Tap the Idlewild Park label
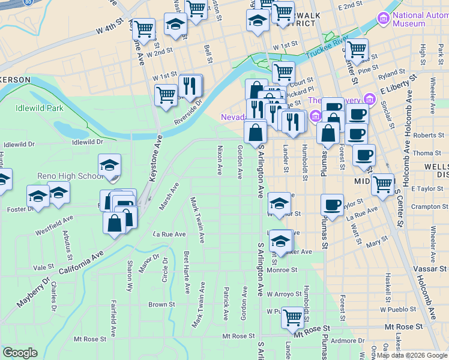39,109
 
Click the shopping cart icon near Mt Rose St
292,317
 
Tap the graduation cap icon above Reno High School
110,166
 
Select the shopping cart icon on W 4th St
143,28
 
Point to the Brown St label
161,304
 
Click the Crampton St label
426,207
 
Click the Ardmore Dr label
343,341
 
